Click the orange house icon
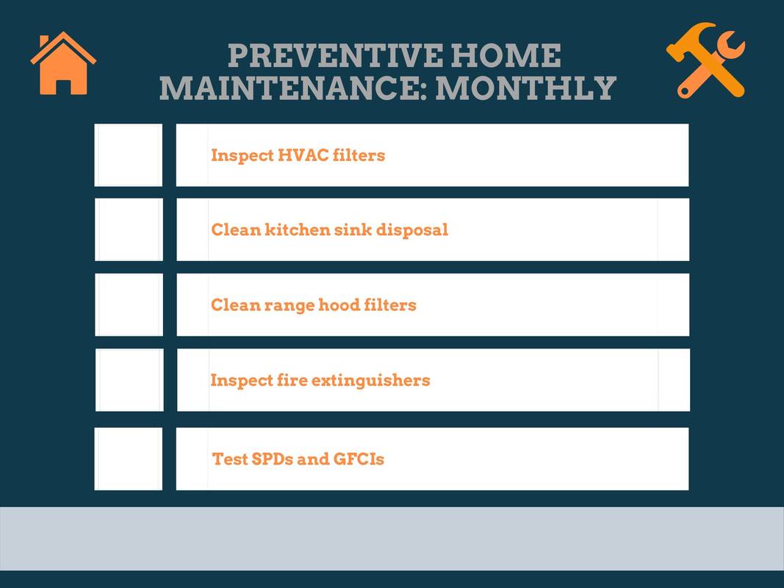(63, 63)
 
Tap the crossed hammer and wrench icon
(706, 60)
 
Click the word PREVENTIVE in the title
(335, 56)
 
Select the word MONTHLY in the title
(525, 88)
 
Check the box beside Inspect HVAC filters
(129, 155)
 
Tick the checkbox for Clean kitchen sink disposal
(129, 229)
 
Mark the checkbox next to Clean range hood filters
(129, 304)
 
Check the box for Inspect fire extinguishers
(129, 380)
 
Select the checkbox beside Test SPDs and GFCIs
(129, 459)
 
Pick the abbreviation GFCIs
(359, 459)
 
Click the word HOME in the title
(506, 56)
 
